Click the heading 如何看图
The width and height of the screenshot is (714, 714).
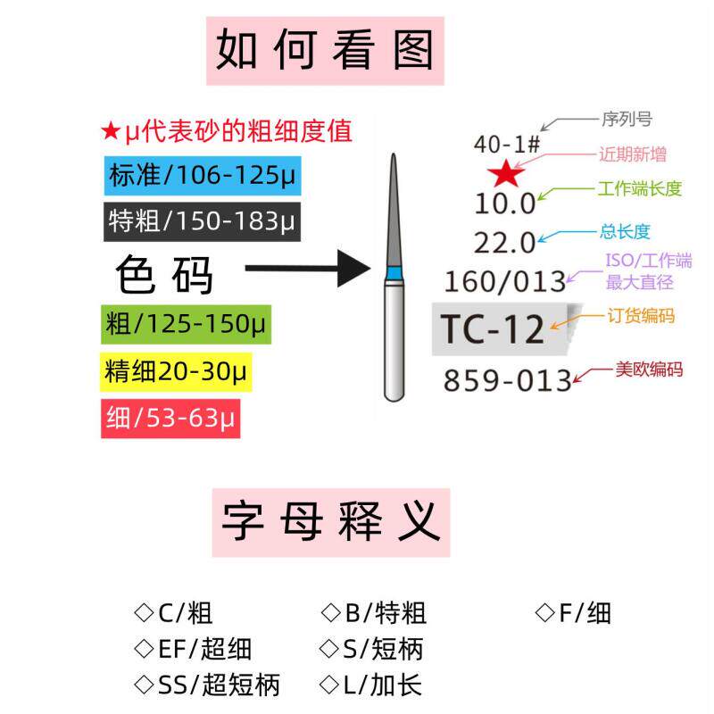326,49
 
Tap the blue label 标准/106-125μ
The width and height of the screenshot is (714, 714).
203,175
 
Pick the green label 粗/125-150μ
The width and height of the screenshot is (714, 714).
187,323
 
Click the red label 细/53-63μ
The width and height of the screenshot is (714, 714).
171,417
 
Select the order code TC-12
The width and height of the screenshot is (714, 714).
494,329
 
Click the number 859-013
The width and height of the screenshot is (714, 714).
507,381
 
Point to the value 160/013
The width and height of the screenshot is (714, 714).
505,282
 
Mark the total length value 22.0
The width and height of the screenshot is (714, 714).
504,243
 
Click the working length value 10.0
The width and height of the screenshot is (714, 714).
504,203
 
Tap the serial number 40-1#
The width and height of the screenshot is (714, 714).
505,144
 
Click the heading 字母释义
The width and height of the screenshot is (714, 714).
330,521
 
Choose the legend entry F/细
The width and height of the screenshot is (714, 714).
573,613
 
